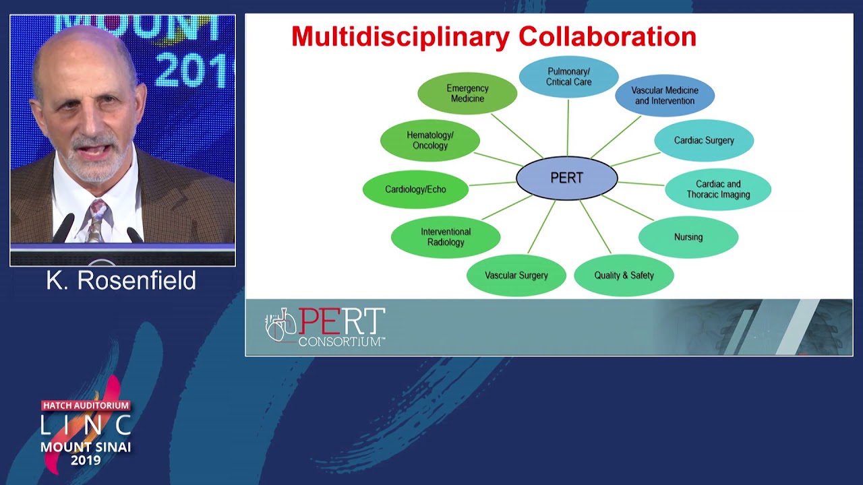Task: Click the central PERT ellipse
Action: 566,179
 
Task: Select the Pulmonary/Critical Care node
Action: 568,77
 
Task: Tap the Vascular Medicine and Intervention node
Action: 665,96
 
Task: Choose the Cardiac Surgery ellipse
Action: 704,140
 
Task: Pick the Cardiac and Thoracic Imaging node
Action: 718,189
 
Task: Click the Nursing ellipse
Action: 688,237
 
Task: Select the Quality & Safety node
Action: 624,276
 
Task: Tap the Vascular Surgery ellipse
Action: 516,276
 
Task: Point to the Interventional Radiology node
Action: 446,237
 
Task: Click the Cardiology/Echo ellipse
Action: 415,189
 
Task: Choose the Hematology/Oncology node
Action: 430,140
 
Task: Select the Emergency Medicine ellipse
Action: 467,94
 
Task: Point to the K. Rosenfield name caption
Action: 121,281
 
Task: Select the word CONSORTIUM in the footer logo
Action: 341,342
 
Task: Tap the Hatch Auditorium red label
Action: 86,406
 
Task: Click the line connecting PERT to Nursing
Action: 628,208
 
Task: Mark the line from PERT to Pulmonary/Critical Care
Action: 568,128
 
